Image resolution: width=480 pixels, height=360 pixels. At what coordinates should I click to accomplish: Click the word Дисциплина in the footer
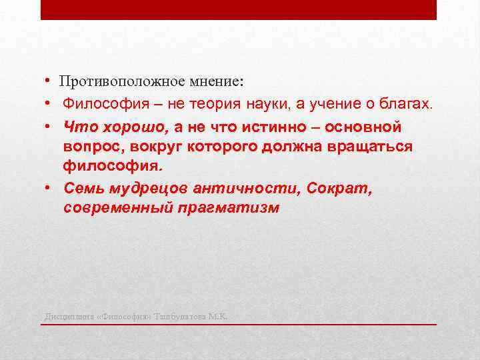69,316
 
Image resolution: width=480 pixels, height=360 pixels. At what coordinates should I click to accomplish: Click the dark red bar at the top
239,9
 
